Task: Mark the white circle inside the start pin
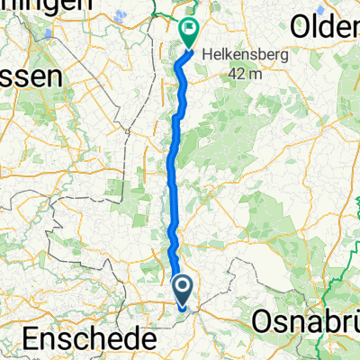[x=182, y=289]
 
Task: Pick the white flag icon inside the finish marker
[x=190, y=28]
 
